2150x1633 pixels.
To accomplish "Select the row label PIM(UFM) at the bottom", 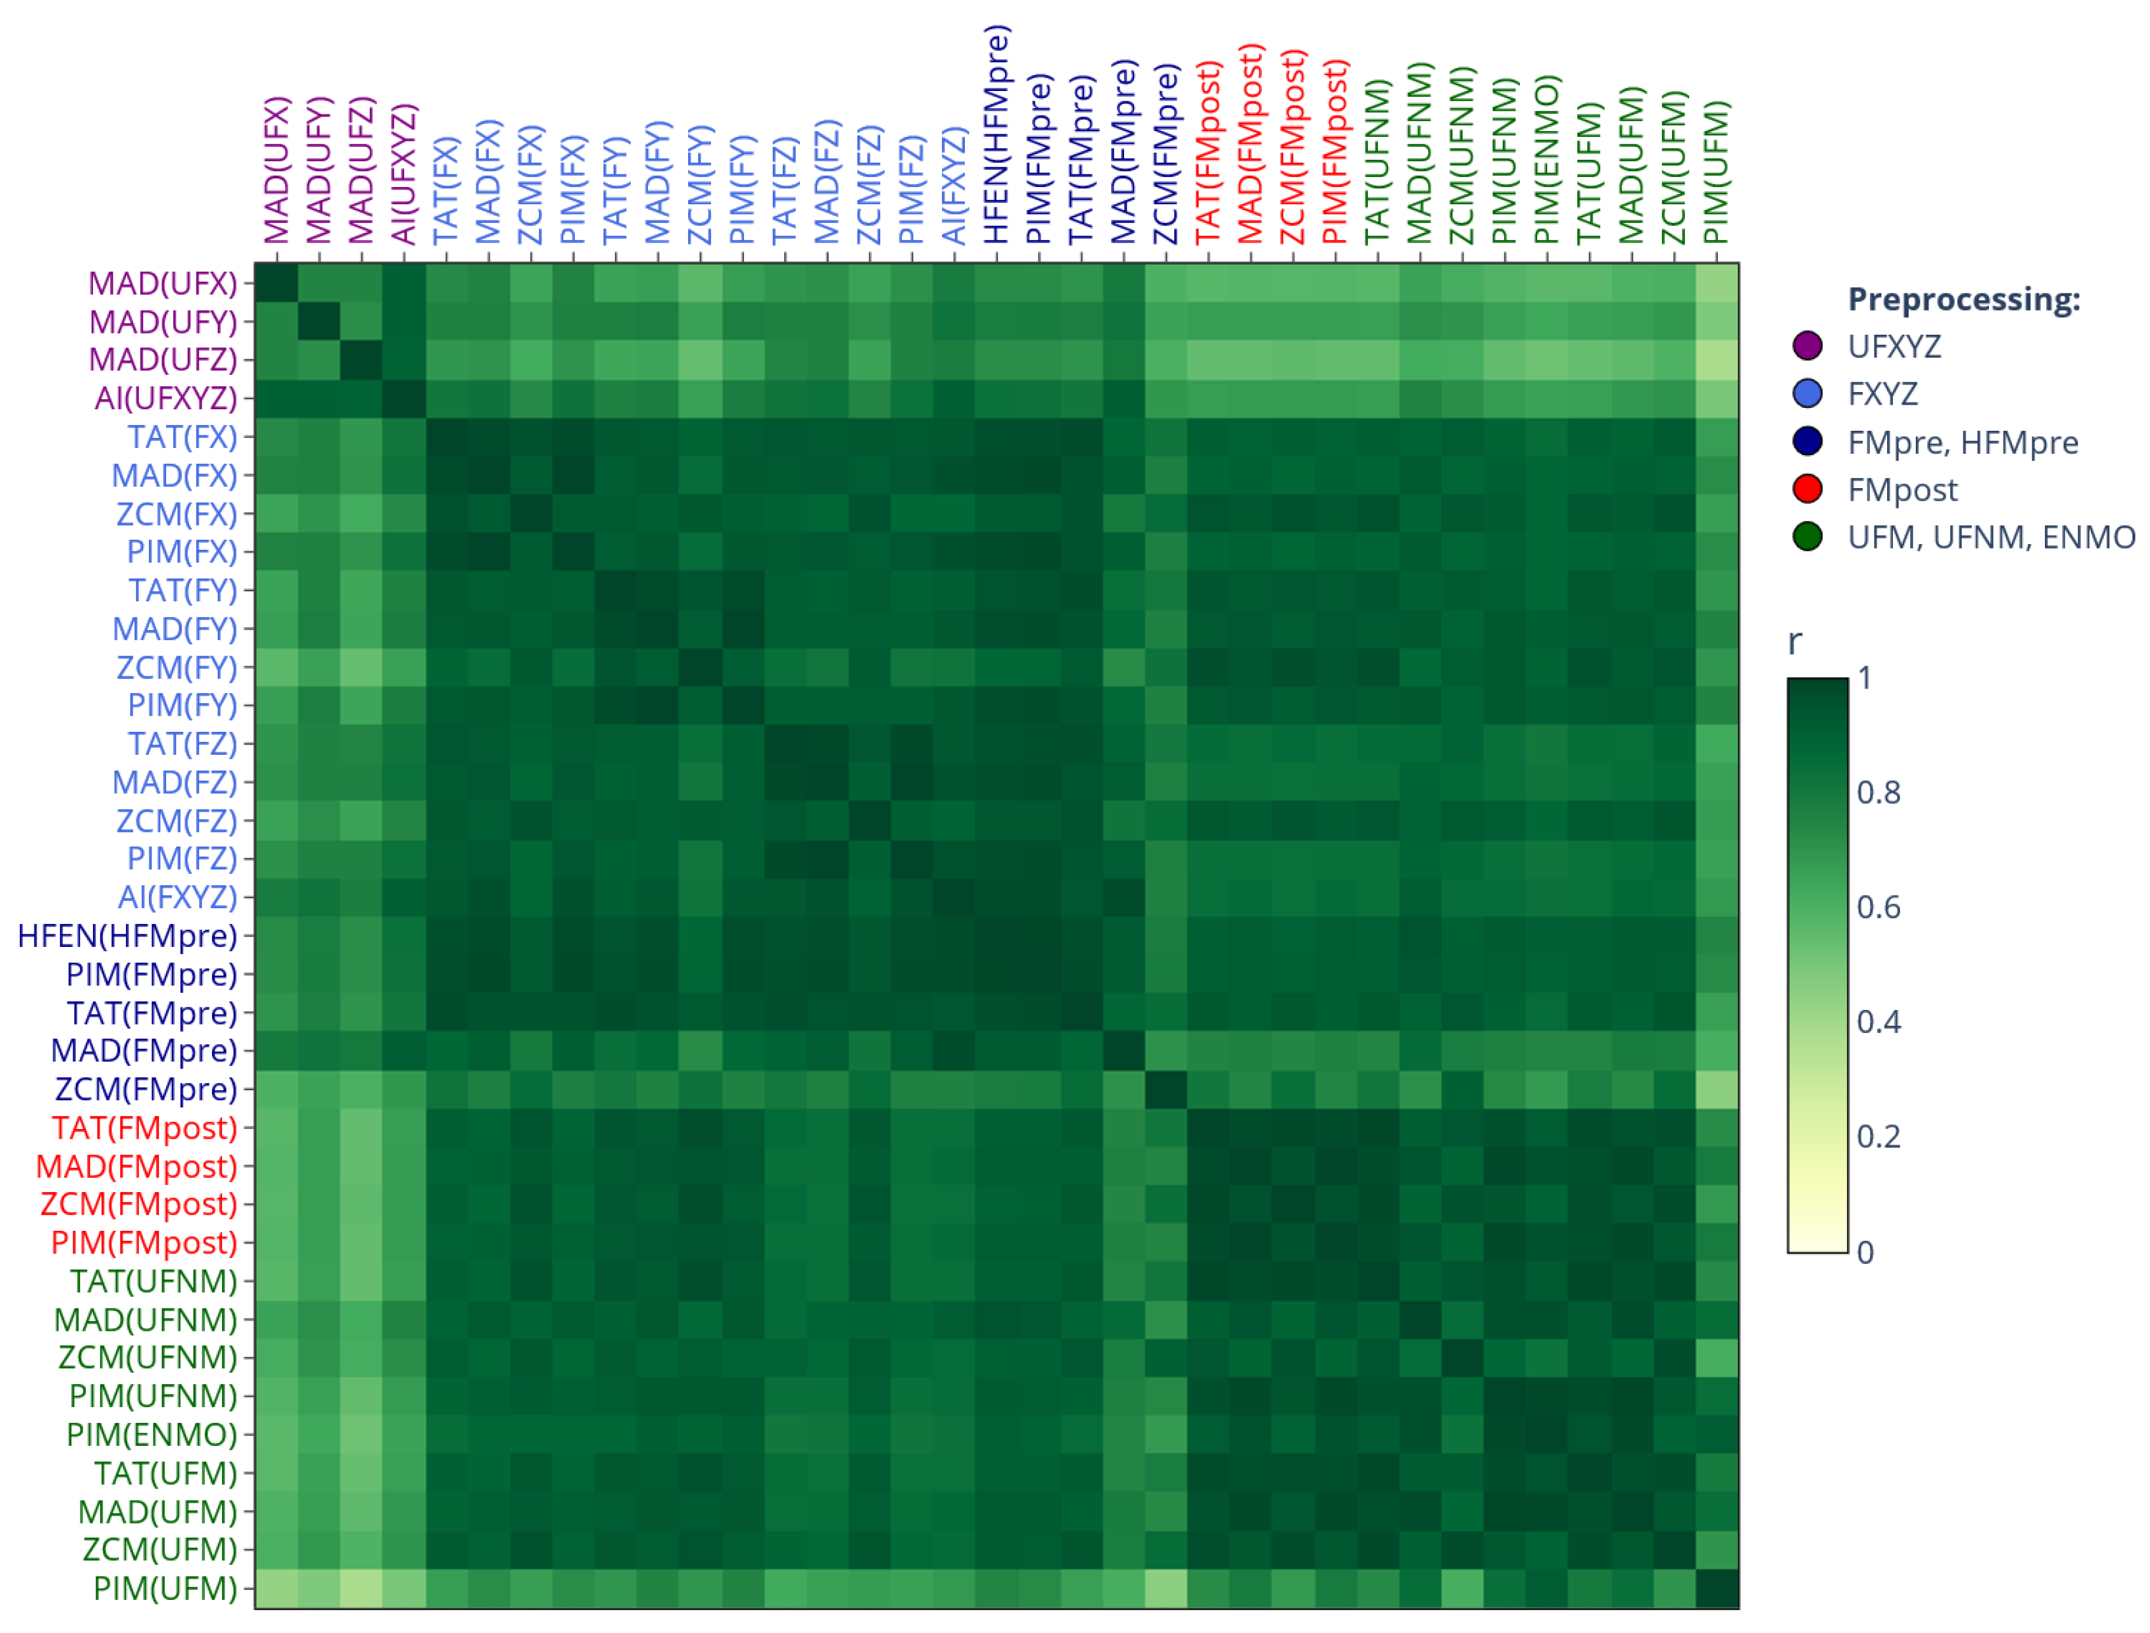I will point(165,1588).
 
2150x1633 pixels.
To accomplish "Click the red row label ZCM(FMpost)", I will point(139,1204).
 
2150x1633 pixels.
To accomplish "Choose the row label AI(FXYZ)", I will point(178,897).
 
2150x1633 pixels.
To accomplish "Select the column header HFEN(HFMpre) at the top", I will point(996,136).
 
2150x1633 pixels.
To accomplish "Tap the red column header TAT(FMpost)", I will point(1208,153).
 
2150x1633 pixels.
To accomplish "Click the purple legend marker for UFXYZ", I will point(1807,346).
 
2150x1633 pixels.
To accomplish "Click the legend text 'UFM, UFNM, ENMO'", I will point(1991,538).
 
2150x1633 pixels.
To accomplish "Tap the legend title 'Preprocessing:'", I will point(1964,299).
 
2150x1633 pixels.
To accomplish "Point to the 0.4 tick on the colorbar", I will point(1878,1021).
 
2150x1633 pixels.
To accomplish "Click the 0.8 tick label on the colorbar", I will point(1878,792).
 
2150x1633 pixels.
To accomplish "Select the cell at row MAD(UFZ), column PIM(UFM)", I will point(1717,360).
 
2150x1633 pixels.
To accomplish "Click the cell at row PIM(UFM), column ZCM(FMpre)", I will point(1165,1588).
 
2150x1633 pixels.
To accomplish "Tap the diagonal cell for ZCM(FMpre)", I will point(1165,1089).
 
